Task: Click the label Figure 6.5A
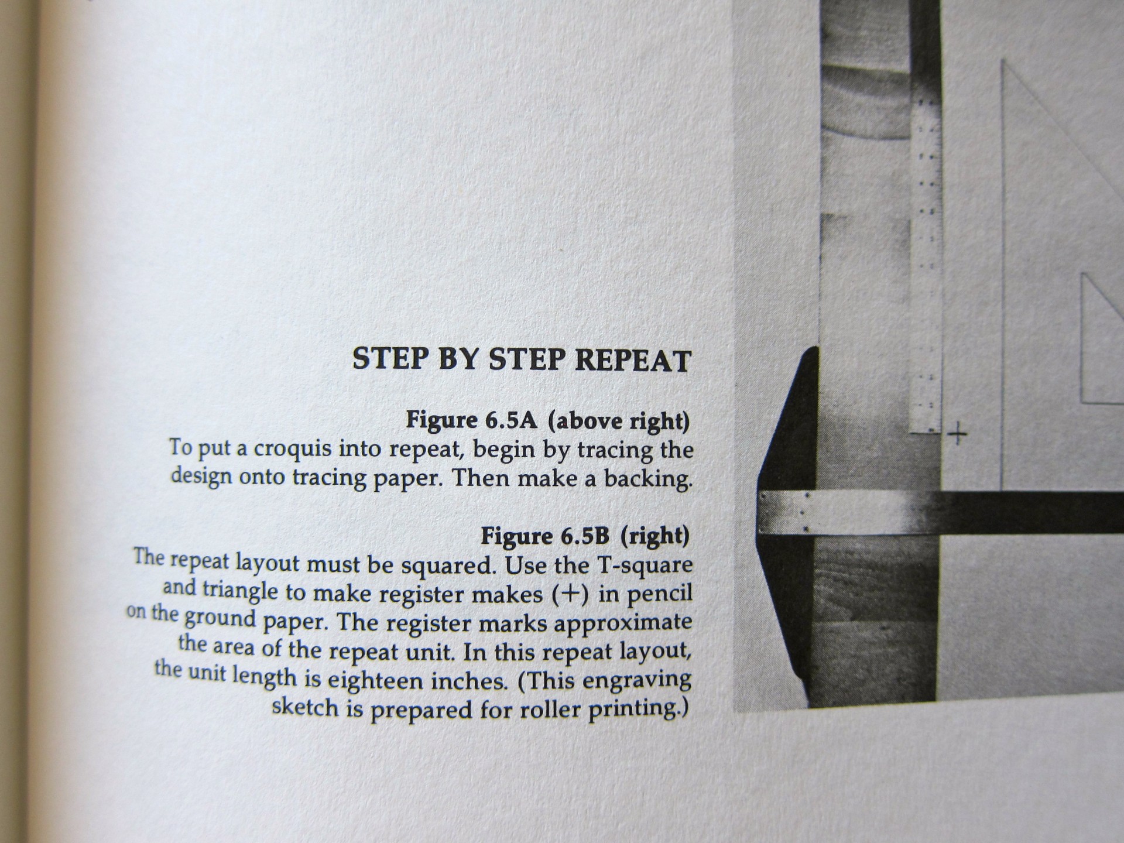tap(471, 420)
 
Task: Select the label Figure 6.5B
tap(546, 536)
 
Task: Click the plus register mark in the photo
tap(957, 434)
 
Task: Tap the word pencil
tap(659, 594)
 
